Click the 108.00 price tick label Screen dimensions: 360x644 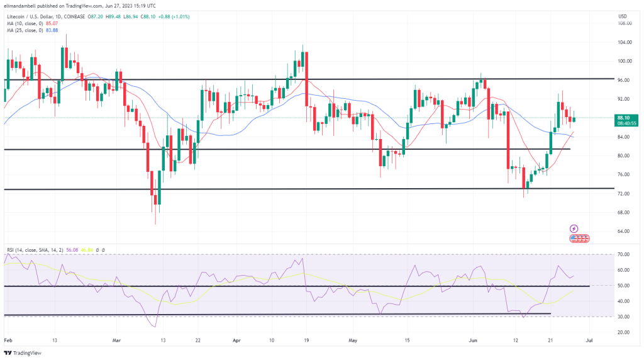point(625,23)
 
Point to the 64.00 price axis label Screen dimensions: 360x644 point(624,231)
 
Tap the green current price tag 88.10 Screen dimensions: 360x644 point(625,117)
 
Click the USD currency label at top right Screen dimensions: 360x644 point(623,16)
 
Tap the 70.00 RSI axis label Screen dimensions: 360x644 point(624,254)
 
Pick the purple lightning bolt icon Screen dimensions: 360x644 point(574,228)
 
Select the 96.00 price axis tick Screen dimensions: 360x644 point(624,80)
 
